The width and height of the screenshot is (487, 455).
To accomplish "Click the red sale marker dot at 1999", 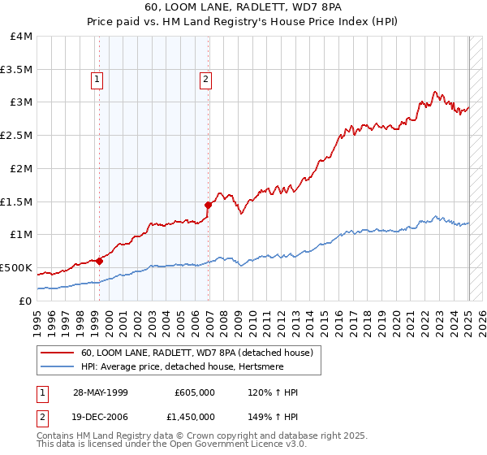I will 100,261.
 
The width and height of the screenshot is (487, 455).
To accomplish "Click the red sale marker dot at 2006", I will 209,205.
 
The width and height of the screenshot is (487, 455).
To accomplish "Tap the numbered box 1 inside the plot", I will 97,80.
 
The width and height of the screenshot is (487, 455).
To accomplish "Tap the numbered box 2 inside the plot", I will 206,80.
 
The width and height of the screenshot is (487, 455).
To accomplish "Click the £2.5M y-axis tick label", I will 17,136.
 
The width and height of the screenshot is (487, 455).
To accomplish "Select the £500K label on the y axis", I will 16,267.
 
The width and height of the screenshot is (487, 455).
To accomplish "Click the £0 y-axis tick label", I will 26,301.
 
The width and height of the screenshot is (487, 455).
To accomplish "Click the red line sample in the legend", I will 58,353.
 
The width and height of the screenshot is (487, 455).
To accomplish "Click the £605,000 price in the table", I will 195,392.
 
